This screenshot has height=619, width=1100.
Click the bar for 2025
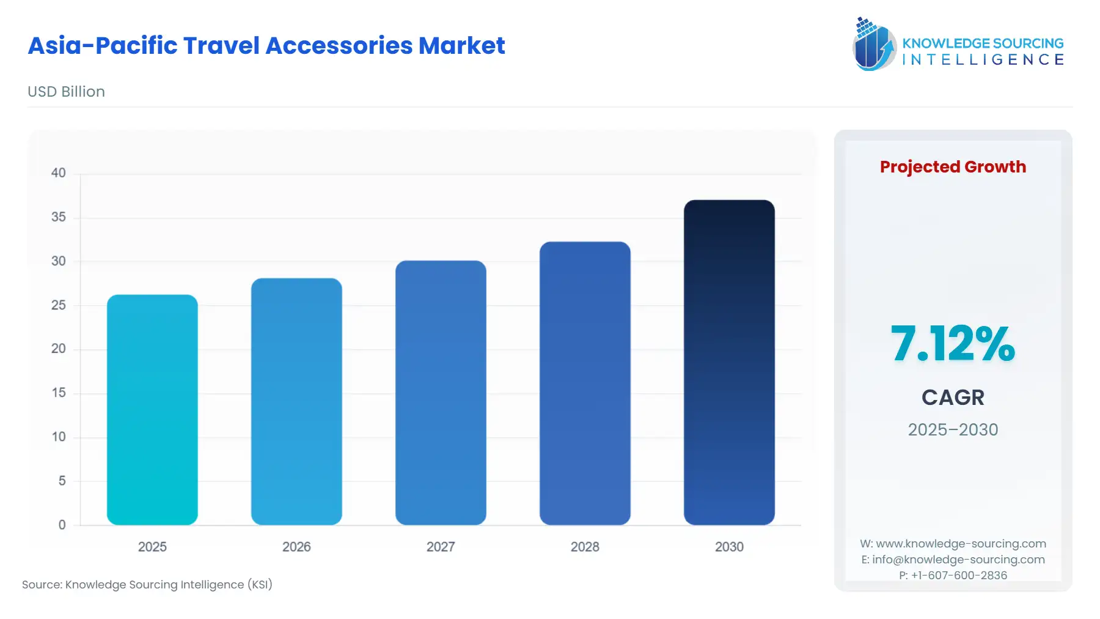(x=152, y=410)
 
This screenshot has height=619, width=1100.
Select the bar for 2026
(x=296, y=401)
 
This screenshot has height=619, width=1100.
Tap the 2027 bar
(x=441, y=393)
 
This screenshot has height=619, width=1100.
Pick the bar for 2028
(x=585, y=383)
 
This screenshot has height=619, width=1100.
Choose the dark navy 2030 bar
(x=729, y=362)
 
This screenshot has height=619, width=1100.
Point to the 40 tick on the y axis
(x=59, y=173)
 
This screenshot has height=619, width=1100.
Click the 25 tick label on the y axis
(x=59, y=305)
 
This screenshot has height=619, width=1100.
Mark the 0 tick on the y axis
(x=62, y=525)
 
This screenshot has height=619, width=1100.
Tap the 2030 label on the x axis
(x=729, y=547)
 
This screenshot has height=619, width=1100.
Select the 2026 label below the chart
(x=296, y=547)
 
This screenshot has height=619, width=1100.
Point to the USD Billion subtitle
(x=66, y=92)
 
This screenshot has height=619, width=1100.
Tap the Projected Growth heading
(x=953, y=167)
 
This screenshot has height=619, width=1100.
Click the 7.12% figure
(x=953, y=344)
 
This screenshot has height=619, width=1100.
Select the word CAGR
(x=953, y=398)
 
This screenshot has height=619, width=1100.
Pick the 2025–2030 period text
(x=953, y=429)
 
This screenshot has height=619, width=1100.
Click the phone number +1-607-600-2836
(x=959, y=576)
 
